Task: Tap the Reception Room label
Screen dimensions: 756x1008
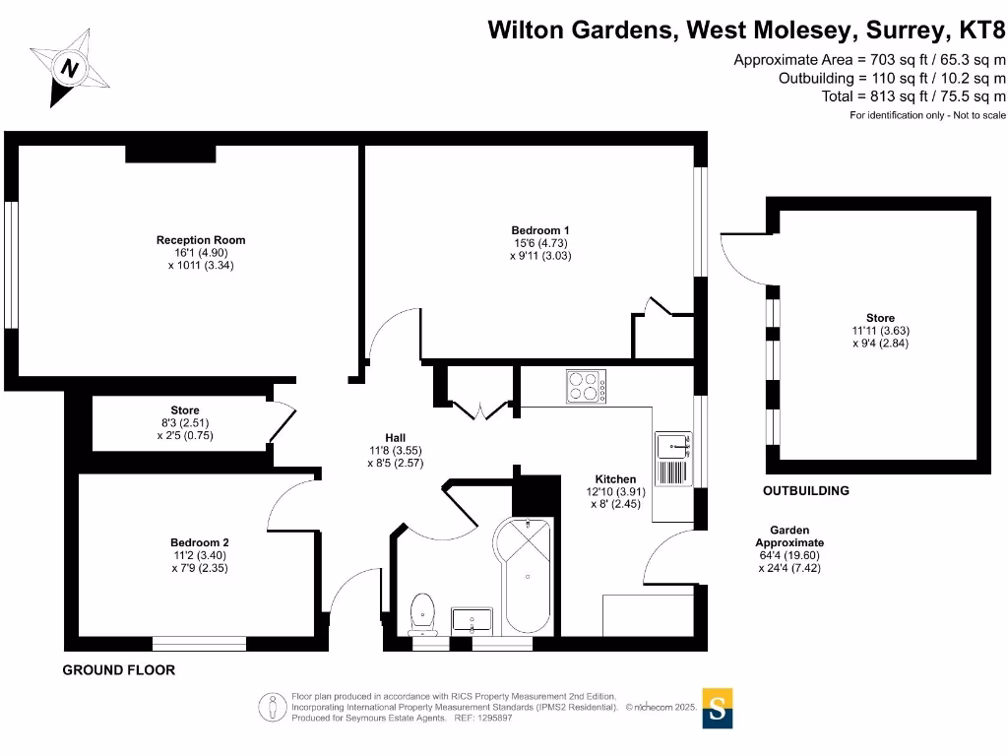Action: pos(201,240)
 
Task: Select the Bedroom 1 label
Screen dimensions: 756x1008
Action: pos(540,230)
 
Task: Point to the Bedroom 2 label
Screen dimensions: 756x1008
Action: pos(200,542)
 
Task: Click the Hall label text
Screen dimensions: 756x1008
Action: pos(395,438)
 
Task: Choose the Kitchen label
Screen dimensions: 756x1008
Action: pos(615,479)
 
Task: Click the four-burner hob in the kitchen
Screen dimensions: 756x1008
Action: pos(587,386)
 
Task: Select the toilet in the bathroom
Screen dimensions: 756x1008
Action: pos(424,612)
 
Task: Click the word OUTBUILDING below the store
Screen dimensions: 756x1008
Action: pos(806,490)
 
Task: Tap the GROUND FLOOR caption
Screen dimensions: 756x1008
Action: pos(119,670)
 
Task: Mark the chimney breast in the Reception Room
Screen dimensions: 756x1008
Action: pos(169,153)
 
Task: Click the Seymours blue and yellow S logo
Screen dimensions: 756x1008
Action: pos(718,708)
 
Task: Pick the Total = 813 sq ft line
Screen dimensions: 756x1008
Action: pos(913,96)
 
